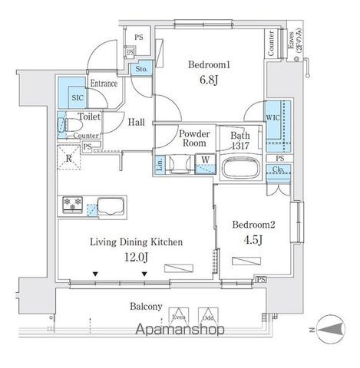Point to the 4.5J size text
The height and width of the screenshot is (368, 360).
pos(254,239)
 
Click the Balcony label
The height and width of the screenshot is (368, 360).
pos(145,307)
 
